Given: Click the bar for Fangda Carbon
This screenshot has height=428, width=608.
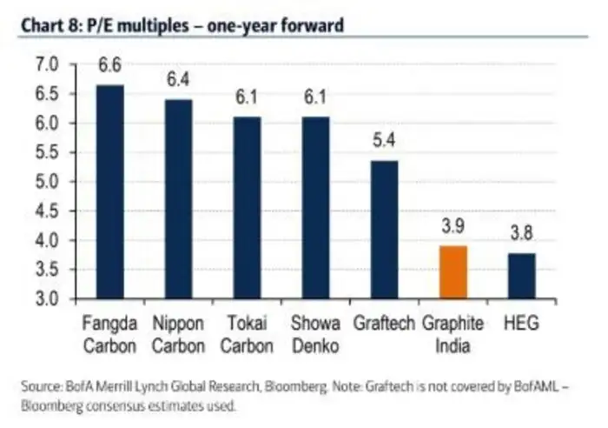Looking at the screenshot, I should [x=109, y=191].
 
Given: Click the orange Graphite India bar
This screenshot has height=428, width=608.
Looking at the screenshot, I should [x=453, y=272].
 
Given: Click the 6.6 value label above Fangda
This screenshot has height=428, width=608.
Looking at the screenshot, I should [x=109, y=65].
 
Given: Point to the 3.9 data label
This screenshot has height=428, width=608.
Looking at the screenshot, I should [x=453, y=228].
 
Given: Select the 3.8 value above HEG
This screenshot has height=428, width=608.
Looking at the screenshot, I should [x=521, y=233].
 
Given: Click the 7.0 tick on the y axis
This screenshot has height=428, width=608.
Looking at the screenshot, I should [x=48, y=64].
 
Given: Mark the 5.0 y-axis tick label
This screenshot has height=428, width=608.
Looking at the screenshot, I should [x=48, y=182].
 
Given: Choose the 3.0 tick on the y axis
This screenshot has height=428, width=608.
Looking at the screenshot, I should [x=48, y=299].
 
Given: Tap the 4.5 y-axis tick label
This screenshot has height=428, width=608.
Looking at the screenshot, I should [x=48, y=211].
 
